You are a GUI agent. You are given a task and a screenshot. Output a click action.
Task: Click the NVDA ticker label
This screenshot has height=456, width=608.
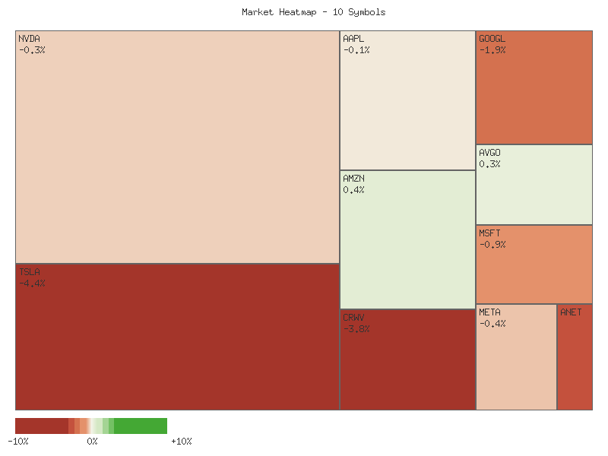point(29,39)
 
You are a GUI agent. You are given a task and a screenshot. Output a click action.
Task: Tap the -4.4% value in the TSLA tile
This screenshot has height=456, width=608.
point(32,283)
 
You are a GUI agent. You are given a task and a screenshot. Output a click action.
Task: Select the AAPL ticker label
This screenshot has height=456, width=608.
point(354,39)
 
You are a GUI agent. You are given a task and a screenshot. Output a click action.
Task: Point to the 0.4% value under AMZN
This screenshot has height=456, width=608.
point(353,190)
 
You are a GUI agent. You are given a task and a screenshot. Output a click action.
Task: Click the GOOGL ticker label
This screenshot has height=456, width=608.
point(492,39)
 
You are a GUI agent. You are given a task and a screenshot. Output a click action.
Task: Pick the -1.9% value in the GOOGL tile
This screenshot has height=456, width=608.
point(492,50)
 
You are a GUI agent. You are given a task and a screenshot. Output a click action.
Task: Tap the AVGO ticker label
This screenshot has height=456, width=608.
point(489,153)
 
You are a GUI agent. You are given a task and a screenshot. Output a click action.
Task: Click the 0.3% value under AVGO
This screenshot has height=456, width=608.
point(489,164)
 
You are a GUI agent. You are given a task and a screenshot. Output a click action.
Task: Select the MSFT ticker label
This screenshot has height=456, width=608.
point(489,233)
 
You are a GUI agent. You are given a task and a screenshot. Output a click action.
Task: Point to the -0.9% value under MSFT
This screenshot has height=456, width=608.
point(492,245)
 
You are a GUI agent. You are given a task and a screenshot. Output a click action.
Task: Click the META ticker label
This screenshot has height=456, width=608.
point(489,312)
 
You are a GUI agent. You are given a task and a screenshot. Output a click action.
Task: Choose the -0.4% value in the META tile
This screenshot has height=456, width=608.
point(492,324)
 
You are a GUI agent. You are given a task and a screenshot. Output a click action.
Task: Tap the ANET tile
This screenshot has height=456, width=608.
point(575,357)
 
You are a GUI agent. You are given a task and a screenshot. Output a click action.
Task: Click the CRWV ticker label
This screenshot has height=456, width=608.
point(353,318)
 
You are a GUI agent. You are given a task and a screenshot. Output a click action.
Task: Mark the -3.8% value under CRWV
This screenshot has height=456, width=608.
point(356,329)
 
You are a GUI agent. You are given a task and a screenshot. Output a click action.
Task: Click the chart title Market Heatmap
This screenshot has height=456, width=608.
point(314,12)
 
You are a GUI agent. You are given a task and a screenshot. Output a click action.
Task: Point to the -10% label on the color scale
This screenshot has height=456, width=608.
point(18,442)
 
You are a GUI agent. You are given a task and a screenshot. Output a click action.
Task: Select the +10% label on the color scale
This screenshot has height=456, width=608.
point(181,442)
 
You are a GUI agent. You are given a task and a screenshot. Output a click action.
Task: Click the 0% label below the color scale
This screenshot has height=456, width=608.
point(92,442)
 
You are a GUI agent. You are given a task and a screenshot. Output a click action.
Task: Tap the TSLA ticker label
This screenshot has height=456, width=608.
point(29,272)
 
